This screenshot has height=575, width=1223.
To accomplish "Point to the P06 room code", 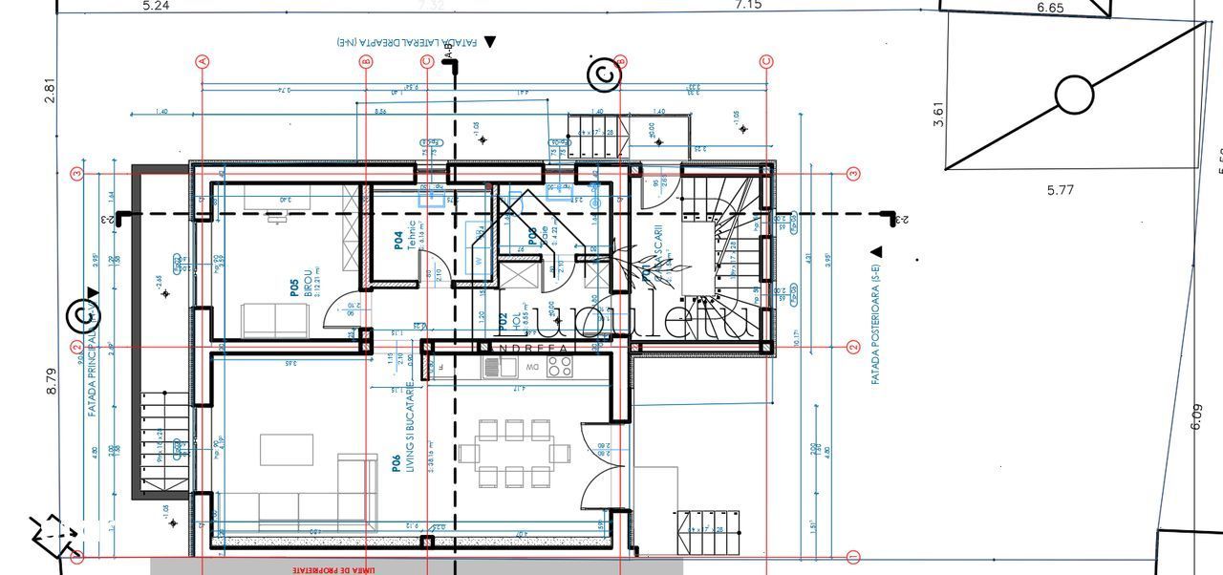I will pyautogui.click(x=395, y=464).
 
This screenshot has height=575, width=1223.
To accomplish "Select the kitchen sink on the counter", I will pyautogui.click(x=494, y=367).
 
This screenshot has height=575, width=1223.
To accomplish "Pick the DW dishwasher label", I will pyautogui.click(x=532, y=367).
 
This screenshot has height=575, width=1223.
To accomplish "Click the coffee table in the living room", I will pyautogui.click(x=287, y=448).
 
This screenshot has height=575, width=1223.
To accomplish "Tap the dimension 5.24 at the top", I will pyautogui.click(x=156, y=6).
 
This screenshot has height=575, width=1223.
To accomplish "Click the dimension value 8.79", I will pyautogui.click(x=53, y=375).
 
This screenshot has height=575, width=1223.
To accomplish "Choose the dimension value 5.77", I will pyautogui.click(x=1061, y=190).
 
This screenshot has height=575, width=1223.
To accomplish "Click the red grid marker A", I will pyautogui.click(x=202, y=61).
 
